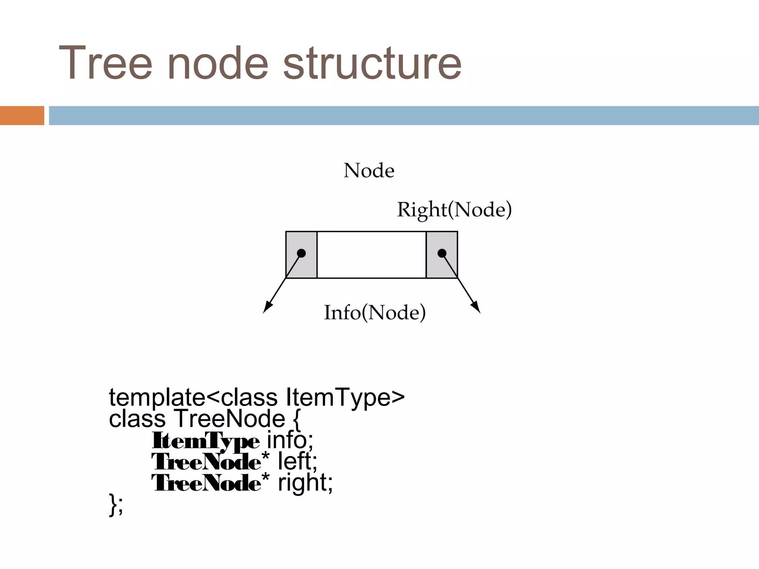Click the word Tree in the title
106,63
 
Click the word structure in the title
372,63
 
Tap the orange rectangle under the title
22,116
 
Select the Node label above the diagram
369,171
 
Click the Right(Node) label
454,210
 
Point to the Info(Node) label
375,312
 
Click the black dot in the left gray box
301,253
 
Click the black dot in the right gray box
442,253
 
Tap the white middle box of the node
371,254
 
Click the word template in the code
157,397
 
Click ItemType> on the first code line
345,397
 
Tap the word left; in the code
298,462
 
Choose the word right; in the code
305,483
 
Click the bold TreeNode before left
206,462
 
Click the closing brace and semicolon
116,505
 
